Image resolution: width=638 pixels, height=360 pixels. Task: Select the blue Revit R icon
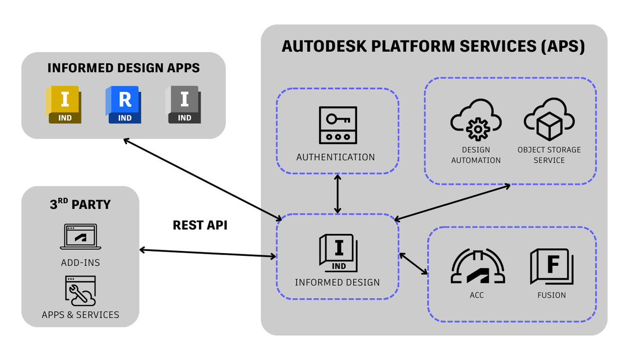pyautogui.click(x=123, y=104)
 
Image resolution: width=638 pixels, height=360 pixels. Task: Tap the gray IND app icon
pyautogui.click(x=183, y=104)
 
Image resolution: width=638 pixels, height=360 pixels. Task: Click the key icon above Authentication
pyautogui.click(x=337, y=125)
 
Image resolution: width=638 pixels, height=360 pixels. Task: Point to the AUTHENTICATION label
pyautogui.click(x=336, y=157)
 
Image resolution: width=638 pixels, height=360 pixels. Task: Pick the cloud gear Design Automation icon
pyautogui.click(x=476, y=120)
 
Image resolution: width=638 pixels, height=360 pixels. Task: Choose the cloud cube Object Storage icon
pyautogui.click(x=549, y=120)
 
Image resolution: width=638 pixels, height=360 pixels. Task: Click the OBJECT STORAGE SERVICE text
pyautogui.click(x=549, y=155)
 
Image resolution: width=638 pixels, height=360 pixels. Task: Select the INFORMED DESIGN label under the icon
pyautogui.click(x=337, y=282)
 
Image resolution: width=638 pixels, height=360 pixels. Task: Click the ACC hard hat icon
pyautogui.click(x=477, y=266)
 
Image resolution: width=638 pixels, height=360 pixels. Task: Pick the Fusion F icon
pyautogui.click(x=551, y=266)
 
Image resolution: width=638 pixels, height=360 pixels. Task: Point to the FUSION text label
pyautogui.click(x=552, y=295)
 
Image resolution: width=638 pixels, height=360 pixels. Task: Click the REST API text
pyautogui.click(x=200, y=225)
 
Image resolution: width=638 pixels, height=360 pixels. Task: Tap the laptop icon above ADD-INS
pyautogui.click(x=80, y=237)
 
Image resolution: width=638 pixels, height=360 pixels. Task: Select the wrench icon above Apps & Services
pyautogui.click(x=80, y=291)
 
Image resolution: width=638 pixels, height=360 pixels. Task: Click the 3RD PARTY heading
pyautogui.click(x=80, y=205)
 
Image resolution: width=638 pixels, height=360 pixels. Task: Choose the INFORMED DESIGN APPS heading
pyautogui.click(x=123, y=68)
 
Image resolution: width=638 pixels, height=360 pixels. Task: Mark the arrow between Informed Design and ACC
pyautogui.click(x=413, y=264)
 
